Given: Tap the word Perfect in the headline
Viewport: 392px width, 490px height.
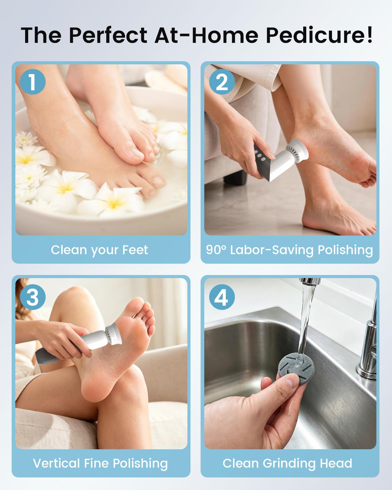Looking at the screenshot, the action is pyautogui.click(x=108, y=35).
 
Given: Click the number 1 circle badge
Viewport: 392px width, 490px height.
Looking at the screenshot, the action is pyautogui.click(x=32, y=81).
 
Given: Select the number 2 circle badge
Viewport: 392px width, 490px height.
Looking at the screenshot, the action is pyautogui.click(x=222, y=81).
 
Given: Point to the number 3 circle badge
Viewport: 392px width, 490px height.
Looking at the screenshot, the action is pyautogui.click(x=32, y=297).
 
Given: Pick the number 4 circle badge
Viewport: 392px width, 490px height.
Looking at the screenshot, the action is pyautogui.click(x=222, y=297).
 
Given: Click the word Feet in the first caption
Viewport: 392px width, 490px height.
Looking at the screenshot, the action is pyautogui.click(x=135, y=250).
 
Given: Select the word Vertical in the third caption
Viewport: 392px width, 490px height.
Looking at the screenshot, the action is pyautogui.click(x=56, y=463).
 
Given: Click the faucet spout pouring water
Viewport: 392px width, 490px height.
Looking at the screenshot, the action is pyautogui.click(x=310, y=281).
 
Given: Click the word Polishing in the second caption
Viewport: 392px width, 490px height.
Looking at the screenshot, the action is pyautogui.click(x=345, y=250).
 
